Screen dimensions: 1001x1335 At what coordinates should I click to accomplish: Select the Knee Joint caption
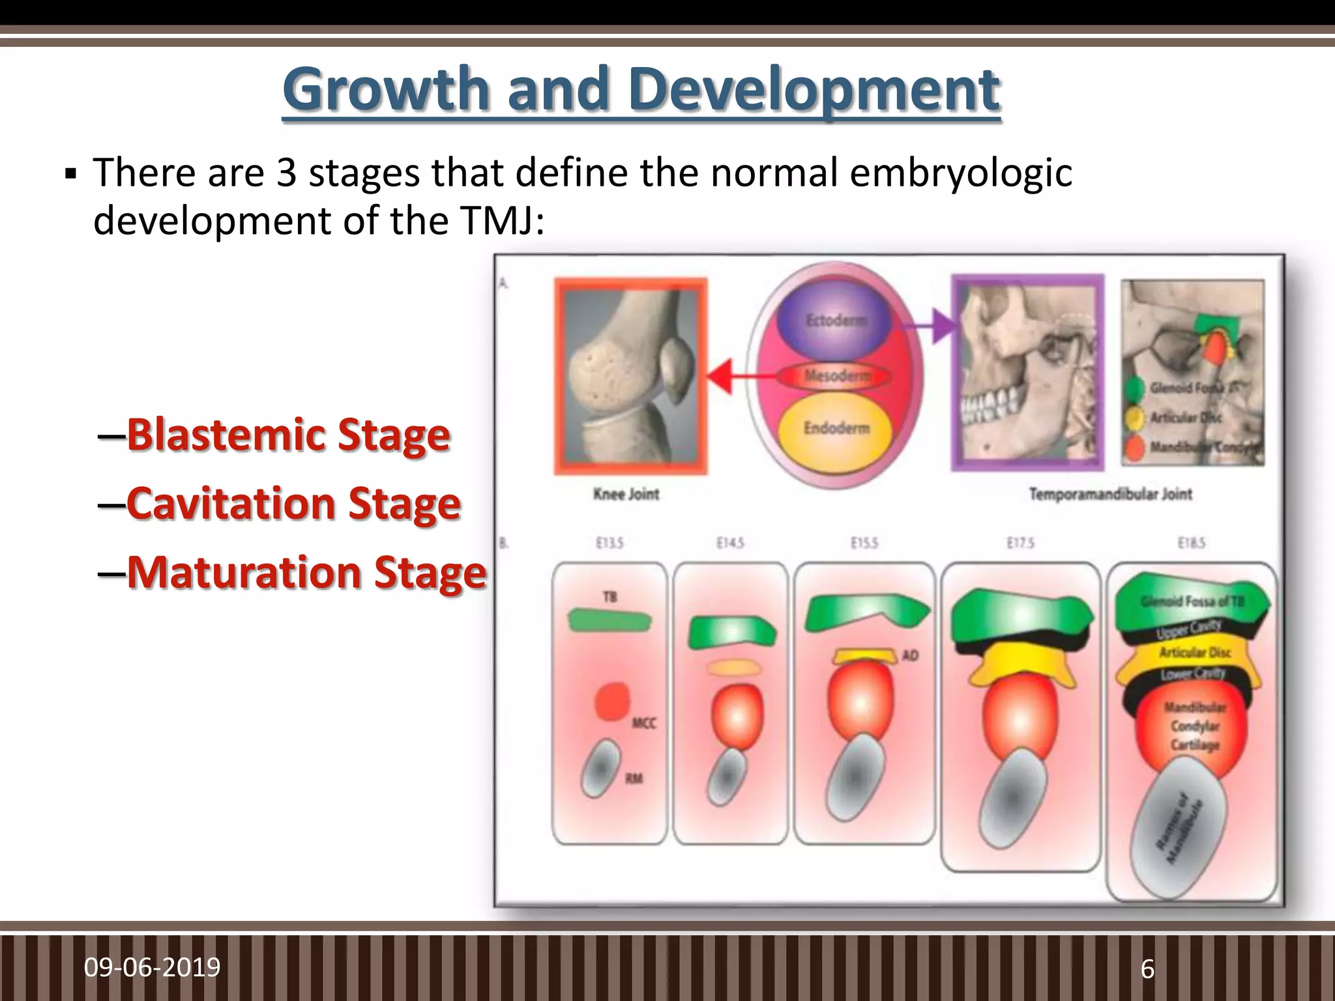point(626,494)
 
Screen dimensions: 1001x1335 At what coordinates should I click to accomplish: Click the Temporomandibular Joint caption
point(1110,494)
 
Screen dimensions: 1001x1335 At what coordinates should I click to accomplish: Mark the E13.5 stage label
point(609,543)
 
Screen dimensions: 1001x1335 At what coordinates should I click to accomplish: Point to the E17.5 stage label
point(1020,543)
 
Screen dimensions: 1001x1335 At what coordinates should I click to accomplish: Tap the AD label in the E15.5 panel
point(910,656)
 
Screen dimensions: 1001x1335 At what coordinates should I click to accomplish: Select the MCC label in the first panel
point(643,723)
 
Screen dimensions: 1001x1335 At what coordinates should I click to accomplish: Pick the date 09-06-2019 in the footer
point(152,967)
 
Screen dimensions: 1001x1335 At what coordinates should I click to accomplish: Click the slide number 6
point(1147,969)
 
